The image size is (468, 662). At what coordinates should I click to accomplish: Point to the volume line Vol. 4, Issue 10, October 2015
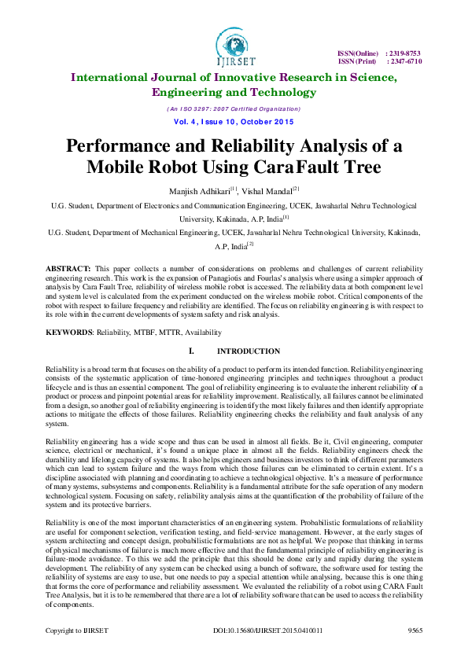tap(234, 122)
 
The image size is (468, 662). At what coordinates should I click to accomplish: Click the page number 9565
tap(415, 652)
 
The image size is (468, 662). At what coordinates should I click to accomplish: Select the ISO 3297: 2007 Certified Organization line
tap(234, 108)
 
